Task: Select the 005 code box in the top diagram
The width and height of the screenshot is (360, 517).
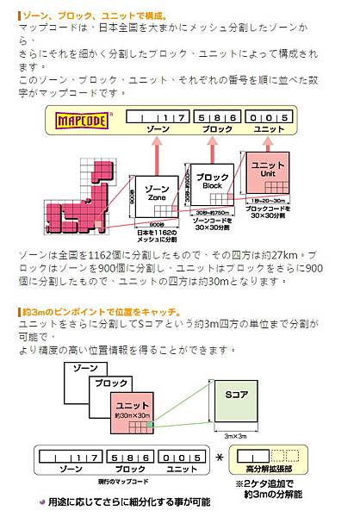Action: pyautogui.click(x=267, y=116)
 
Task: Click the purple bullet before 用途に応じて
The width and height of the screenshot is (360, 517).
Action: pyautogui.click(x=42, y=501)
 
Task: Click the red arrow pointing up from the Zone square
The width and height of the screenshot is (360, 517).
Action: pyautogui.click(x=158, y=151)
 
